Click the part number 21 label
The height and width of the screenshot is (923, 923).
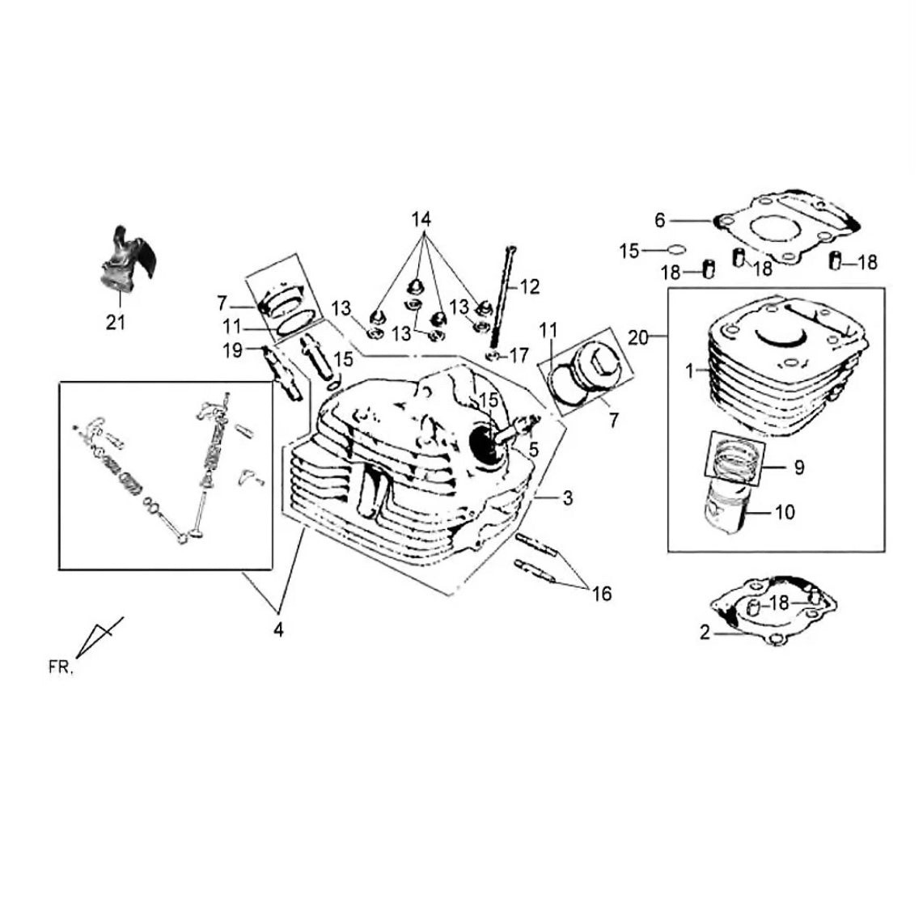coord(116,322)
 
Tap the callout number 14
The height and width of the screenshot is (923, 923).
coord(421,219)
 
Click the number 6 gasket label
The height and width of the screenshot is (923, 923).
coord(660,220)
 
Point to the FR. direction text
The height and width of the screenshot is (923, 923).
coord(61,667)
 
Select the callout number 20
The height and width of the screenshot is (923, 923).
coord(637,338)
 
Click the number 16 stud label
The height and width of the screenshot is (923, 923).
coord(602,594)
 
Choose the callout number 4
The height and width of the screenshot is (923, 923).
coord(278,629)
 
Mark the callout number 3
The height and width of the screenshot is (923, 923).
coord(567,498)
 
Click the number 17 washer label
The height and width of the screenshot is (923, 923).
coord(519,355)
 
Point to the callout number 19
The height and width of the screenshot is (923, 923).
coord(232,350)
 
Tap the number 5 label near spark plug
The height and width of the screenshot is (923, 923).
coord(533,449)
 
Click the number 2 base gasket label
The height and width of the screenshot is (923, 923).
coord(705,633)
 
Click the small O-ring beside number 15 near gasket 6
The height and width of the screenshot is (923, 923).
coord(677,250)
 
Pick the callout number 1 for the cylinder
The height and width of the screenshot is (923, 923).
coord(689,371)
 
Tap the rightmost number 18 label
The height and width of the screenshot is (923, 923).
coord(867,262)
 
